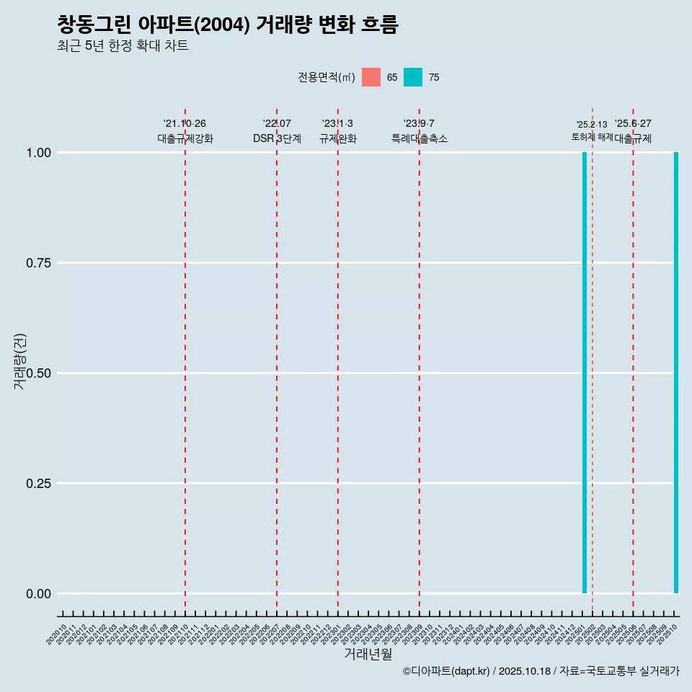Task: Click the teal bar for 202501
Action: (x=585, y=373)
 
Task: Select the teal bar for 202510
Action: (x=676, y=373)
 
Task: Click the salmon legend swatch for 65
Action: (x=371, y=77)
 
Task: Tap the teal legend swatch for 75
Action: (x=413, y=77)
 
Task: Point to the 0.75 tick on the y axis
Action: (x=38, y=263)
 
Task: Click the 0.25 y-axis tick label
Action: (x=38, y=484)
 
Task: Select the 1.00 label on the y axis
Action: (x=38, y=153)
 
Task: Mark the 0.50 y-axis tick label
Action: (x=38, y=373)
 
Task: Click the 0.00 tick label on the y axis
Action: (x=38, y=594)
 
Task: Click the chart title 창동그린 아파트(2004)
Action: (x=228, y=25)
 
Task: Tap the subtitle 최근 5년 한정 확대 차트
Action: (x=123, y=46)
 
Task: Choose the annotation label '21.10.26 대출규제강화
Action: (x=185, y=131)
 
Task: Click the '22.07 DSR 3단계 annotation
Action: (x=277, y=131)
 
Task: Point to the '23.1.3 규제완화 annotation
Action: (x=338, y=131)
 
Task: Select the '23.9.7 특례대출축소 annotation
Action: (x=420, y=131)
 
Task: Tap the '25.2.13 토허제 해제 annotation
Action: (x=592, y=130)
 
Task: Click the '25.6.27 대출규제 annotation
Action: (x=633, y=131)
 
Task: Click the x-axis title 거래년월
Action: (x=368, y=655)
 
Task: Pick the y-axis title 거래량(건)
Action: (x=19, y=361)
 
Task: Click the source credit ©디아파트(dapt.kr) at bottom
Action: (x=541, y=671)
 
